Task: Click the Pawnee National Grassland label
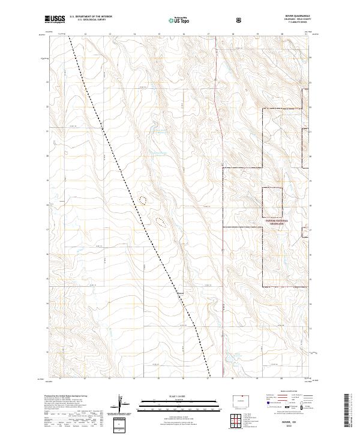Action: [x=277, y=221]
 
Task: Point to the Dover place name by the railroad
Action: [x=180, y=293]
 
